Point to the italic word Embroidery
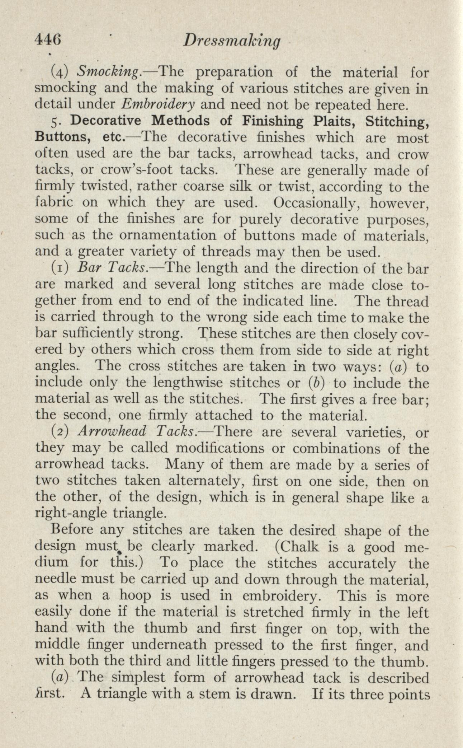(158, 104)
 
